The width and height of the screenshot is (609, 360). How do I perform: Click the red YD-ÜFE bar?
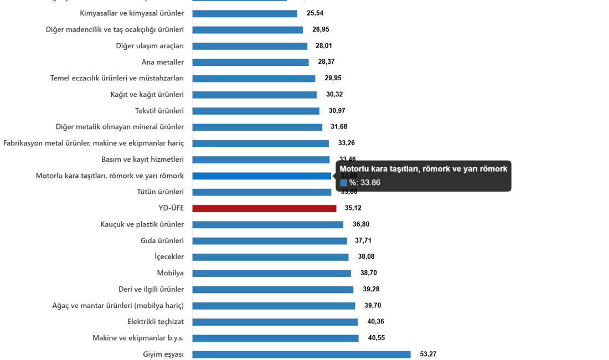[x=264, y=208]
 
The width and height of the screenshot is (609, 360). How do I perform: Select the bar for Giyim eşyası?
[x=301, y=354]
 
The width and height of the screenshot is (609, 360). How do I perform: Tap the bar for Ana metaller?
[x=250, y=62]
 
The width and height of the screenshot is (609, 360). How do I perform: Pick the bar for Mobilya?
[x=271, y=273]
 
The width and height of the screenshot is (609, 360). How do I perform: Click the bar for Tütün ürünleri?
[x=261, y=192]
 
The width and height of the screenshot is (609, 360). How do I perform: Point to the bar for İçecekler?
[x=270, y=257]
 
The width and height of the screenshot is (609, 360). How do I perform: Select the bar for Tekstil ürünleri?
[x=256, y=111]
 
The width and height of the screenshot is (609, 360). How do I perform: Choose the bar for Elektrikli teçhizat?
[x=275, y=322]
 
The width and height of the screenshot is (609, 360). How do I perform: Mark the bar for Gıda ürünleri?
[x=269, y=241]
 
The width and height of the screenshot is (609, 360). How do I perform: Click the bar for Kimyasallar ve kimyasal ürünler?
[x=244, y=13]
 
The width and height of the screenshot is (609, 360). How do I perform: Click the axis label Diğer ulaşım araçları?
[x=149, y=46]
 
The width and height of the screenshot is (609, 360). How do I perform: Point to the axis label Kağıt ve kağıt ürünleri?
[x=147, y=95]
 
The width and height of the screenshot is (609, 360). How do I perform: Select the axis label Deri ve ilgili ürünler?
[x=151, y=289]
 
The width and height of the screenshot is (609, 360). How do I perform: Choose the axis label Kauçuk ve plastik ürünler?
[x=142, y=224]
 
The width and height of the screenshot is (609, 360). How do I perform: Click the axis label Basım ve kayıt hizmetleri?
[x=142, y=160]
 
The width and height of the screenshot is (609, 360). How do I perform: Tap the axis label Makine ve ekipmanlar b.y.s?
[x=138, y=338]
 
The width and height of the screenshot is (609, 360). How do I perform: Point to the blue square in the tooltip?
[x=343, y=182]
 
